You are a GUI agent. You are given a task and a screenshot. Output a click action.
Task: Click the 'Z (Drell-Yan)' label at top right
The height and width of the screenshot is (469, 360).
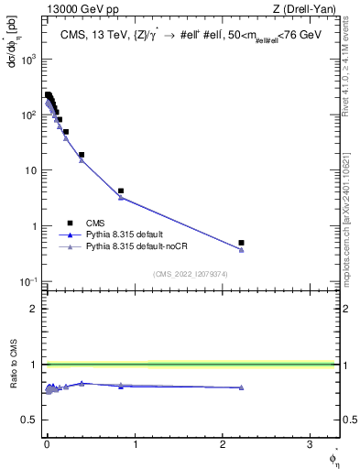[311, 10]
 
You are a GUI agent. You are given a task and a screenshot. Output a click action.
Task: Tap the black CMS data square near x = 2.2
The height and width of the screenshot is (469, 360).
[241, 243]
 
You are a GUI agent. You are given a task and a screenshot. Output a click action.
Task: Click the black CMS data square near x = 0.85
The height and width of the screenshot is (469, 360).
[121, 191]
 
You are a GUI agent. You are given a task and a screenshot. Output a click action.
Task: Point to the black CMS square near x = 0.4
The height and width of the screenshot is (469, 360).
[82, 155]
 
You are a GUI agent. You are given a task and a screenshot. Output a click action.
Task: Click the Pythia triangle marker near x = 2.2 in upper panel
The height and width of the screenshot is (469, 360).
[241, 249]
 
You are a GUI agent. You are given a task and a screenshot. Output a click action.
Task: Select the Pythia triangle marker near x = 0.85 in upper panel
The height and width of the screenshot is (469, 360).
[121, 197]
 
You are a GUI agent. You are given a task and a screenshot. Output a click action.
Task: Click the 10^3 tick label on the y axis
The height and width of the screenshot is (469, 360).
[28, 58]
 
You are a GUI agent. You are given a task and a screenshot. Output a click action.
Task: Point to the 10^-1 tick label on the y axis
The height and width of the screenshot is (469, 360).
[28, 281]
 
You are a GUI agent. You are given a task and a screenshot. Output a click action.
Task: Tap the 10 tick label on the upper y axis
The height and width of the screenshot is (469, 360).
[32, 170]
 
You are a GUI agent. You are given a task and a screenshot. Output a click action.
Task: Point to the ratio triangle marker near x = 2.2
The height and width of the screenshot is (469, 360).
[241, 387]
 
